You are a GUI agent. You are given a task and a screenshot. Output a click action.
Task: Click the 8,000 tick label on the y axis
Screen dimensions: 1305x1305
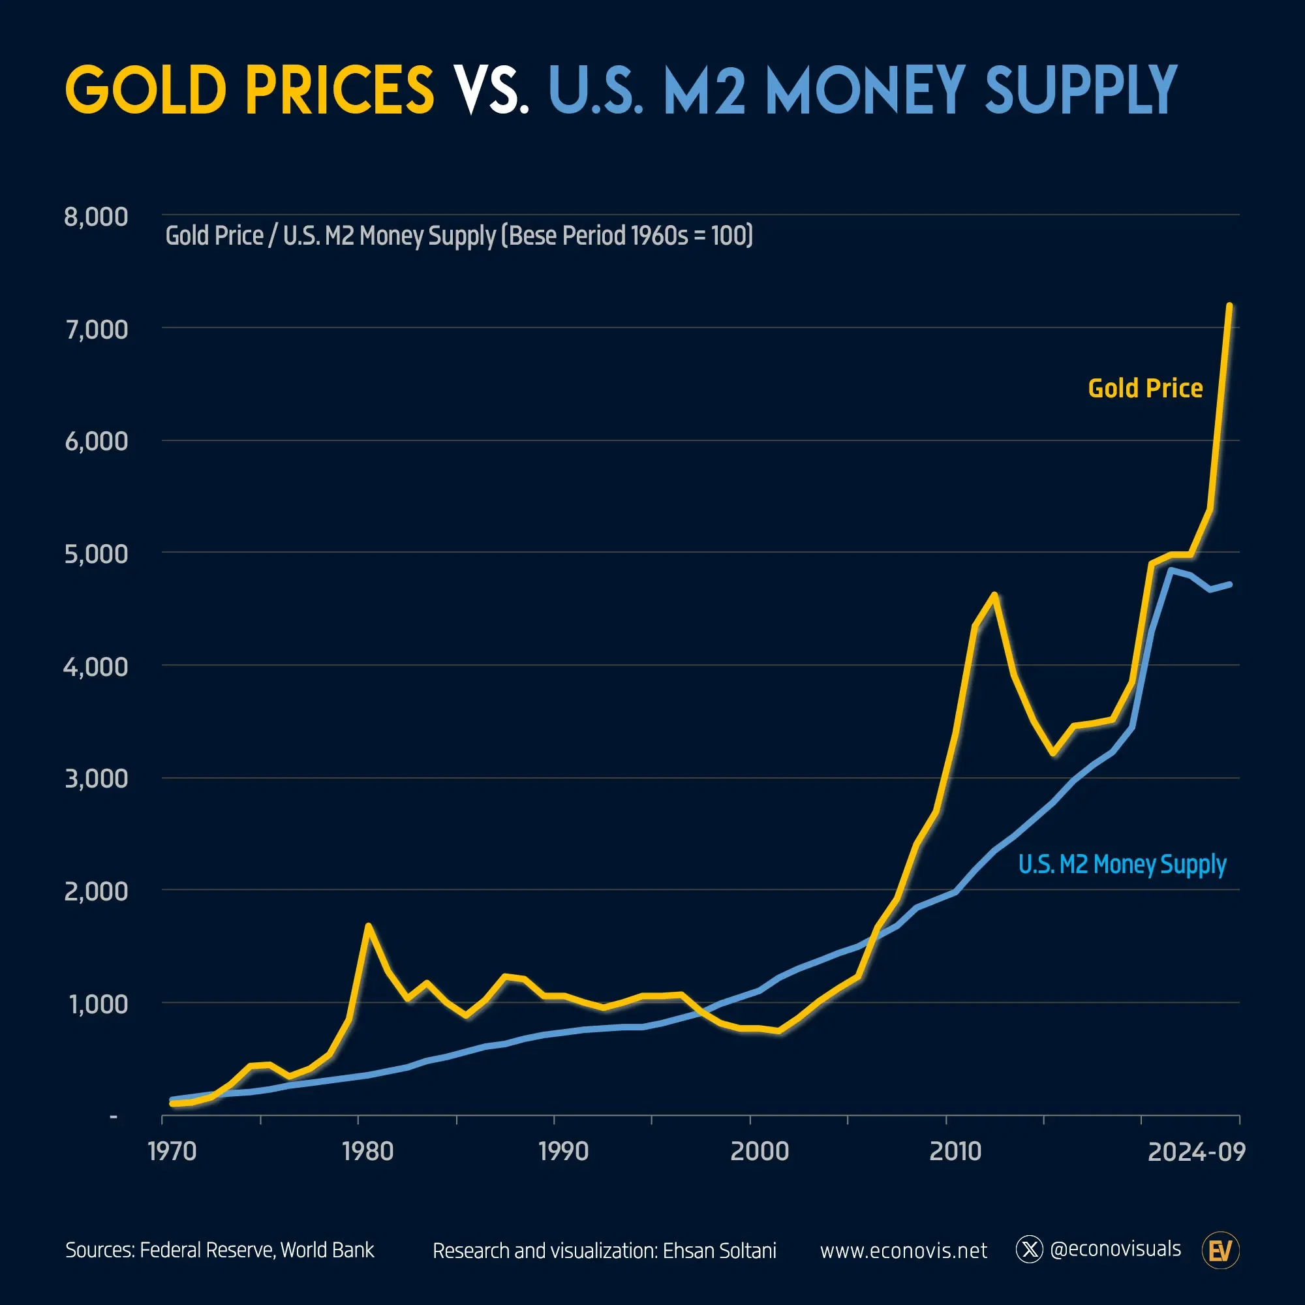point(96,217)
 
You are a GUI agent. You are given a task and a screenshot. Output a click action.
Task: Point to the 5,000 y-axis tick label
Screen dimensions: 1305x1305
point(96,554)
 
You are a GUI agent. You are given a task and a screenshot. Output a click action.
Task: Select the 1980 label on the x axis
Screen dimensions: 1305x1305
point(367,1151)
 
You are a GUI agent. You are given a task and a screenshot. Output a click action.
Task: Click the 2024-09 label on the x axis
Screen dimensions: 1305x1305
point(1196,1151)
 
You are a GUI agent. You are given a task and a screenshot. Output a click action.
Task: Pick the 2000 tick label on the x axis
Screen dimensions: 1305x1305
point(760,1151)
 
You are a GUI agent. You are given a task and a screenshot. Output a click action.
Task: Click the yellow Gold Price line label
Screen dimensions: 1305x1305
point(1145,388)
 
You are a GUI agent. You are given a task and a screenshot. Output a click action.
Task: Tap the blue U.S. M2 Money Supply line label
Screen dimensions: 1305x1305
point(1122,864)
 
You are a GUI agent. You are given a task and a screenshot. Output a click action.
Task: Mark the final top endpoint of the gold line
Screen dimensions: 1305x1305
point(1229,306)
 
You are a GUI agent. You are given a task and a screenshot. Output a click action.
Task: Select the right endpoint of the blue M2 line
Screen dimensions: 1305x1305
point(1230,583)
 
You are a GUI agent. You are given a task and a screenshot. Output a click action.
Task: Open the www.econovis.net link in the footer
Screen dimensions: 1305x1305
point(903,1250)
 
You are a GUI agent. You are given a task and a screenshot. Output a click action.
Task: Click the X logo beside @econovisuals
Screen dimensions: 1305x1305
point(1030,1250)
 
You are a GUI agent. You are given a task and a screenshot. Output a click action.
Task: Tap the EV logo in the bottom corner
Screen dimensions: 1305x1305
point(1221,1250)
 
